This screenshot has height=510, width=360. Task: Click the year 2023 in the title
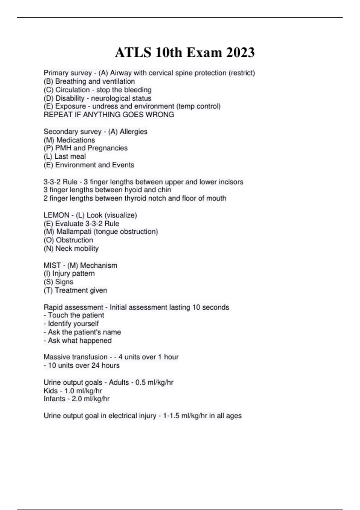pos(240,52)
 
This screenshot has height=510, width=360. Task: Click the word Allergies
pos(133,131)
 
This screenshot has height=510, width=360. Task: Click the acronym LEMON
pos(56,215)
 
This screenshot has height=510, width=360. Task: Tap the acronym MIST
pos(52,265)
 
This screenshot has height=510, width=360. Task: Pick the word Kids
pos(50,391)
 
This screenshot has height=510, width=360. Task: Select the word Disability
pos(70,98)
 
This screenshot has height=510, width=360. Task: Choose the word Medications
pos(76,140)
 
